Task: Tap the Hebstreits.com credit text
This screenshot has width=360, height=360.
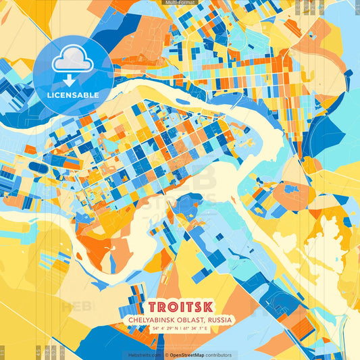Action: (x=145, y=355)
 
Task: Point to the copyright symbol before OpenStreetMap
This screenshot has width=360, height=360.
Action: (x=166, y=355)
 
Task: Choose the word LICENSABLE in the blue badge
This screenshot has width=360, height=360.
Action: (x=72, y=95)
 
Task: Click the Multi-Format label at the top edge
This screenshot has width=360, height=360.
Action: (x=180, y=3)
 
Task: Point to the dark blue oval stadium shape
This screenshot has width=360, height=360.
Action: (x=39, y=167)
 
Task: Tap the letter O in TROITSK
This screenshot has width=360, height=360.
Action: (x=170, y=305)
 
